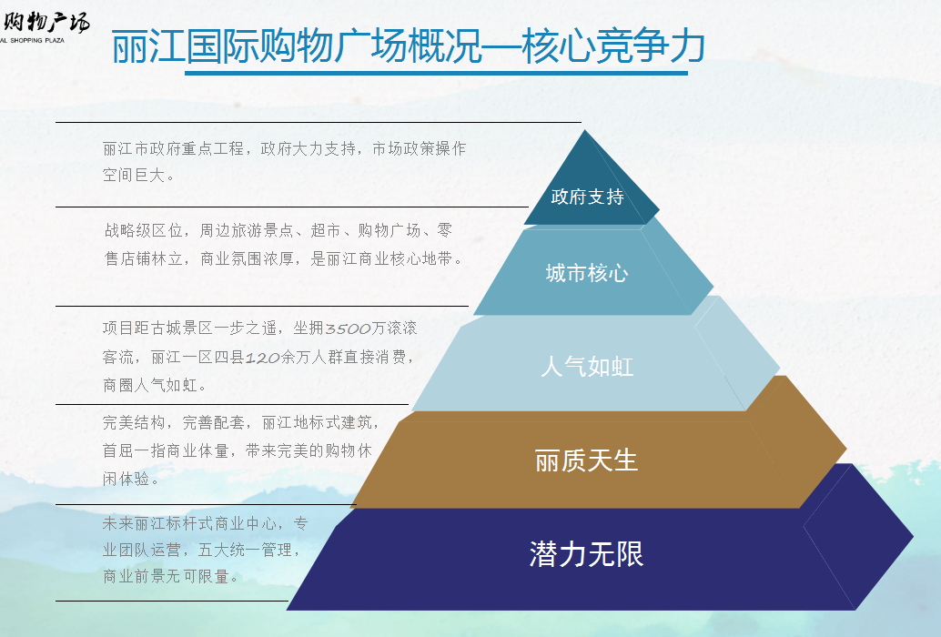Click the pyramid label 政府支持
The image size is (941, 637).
tap(587, 197)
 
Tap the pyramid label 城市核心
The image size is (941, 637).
tap(587, 274)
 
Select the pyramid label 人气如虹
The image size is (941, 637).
tap(587, 367)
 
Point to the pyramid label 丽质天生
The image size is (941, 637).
tap(586, 460)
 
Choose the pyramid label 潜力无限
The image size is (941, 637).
tap(586, 553)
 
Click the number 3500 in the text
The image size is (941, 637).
tap(348, 329)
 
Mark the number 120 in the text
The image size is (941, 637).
tap(263, 359)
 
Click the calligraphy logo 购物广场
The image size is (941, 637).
tap(46, 22)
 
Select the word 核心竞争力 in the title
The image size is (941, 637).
tap(612, 46)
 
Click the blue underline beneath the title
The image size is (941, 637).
tap(436, 73)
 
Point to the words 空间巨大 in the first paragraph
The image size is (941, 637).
tap(134, 175)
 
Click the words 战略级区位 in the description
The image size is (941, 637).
tap(144, 230)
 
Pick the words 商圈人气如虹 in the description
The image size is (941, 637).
tap(151, 385)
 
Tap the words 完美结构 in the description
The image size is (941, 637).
tap(134, 423)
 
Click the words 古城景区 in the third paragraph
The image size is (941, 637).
tap(182, 329)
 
